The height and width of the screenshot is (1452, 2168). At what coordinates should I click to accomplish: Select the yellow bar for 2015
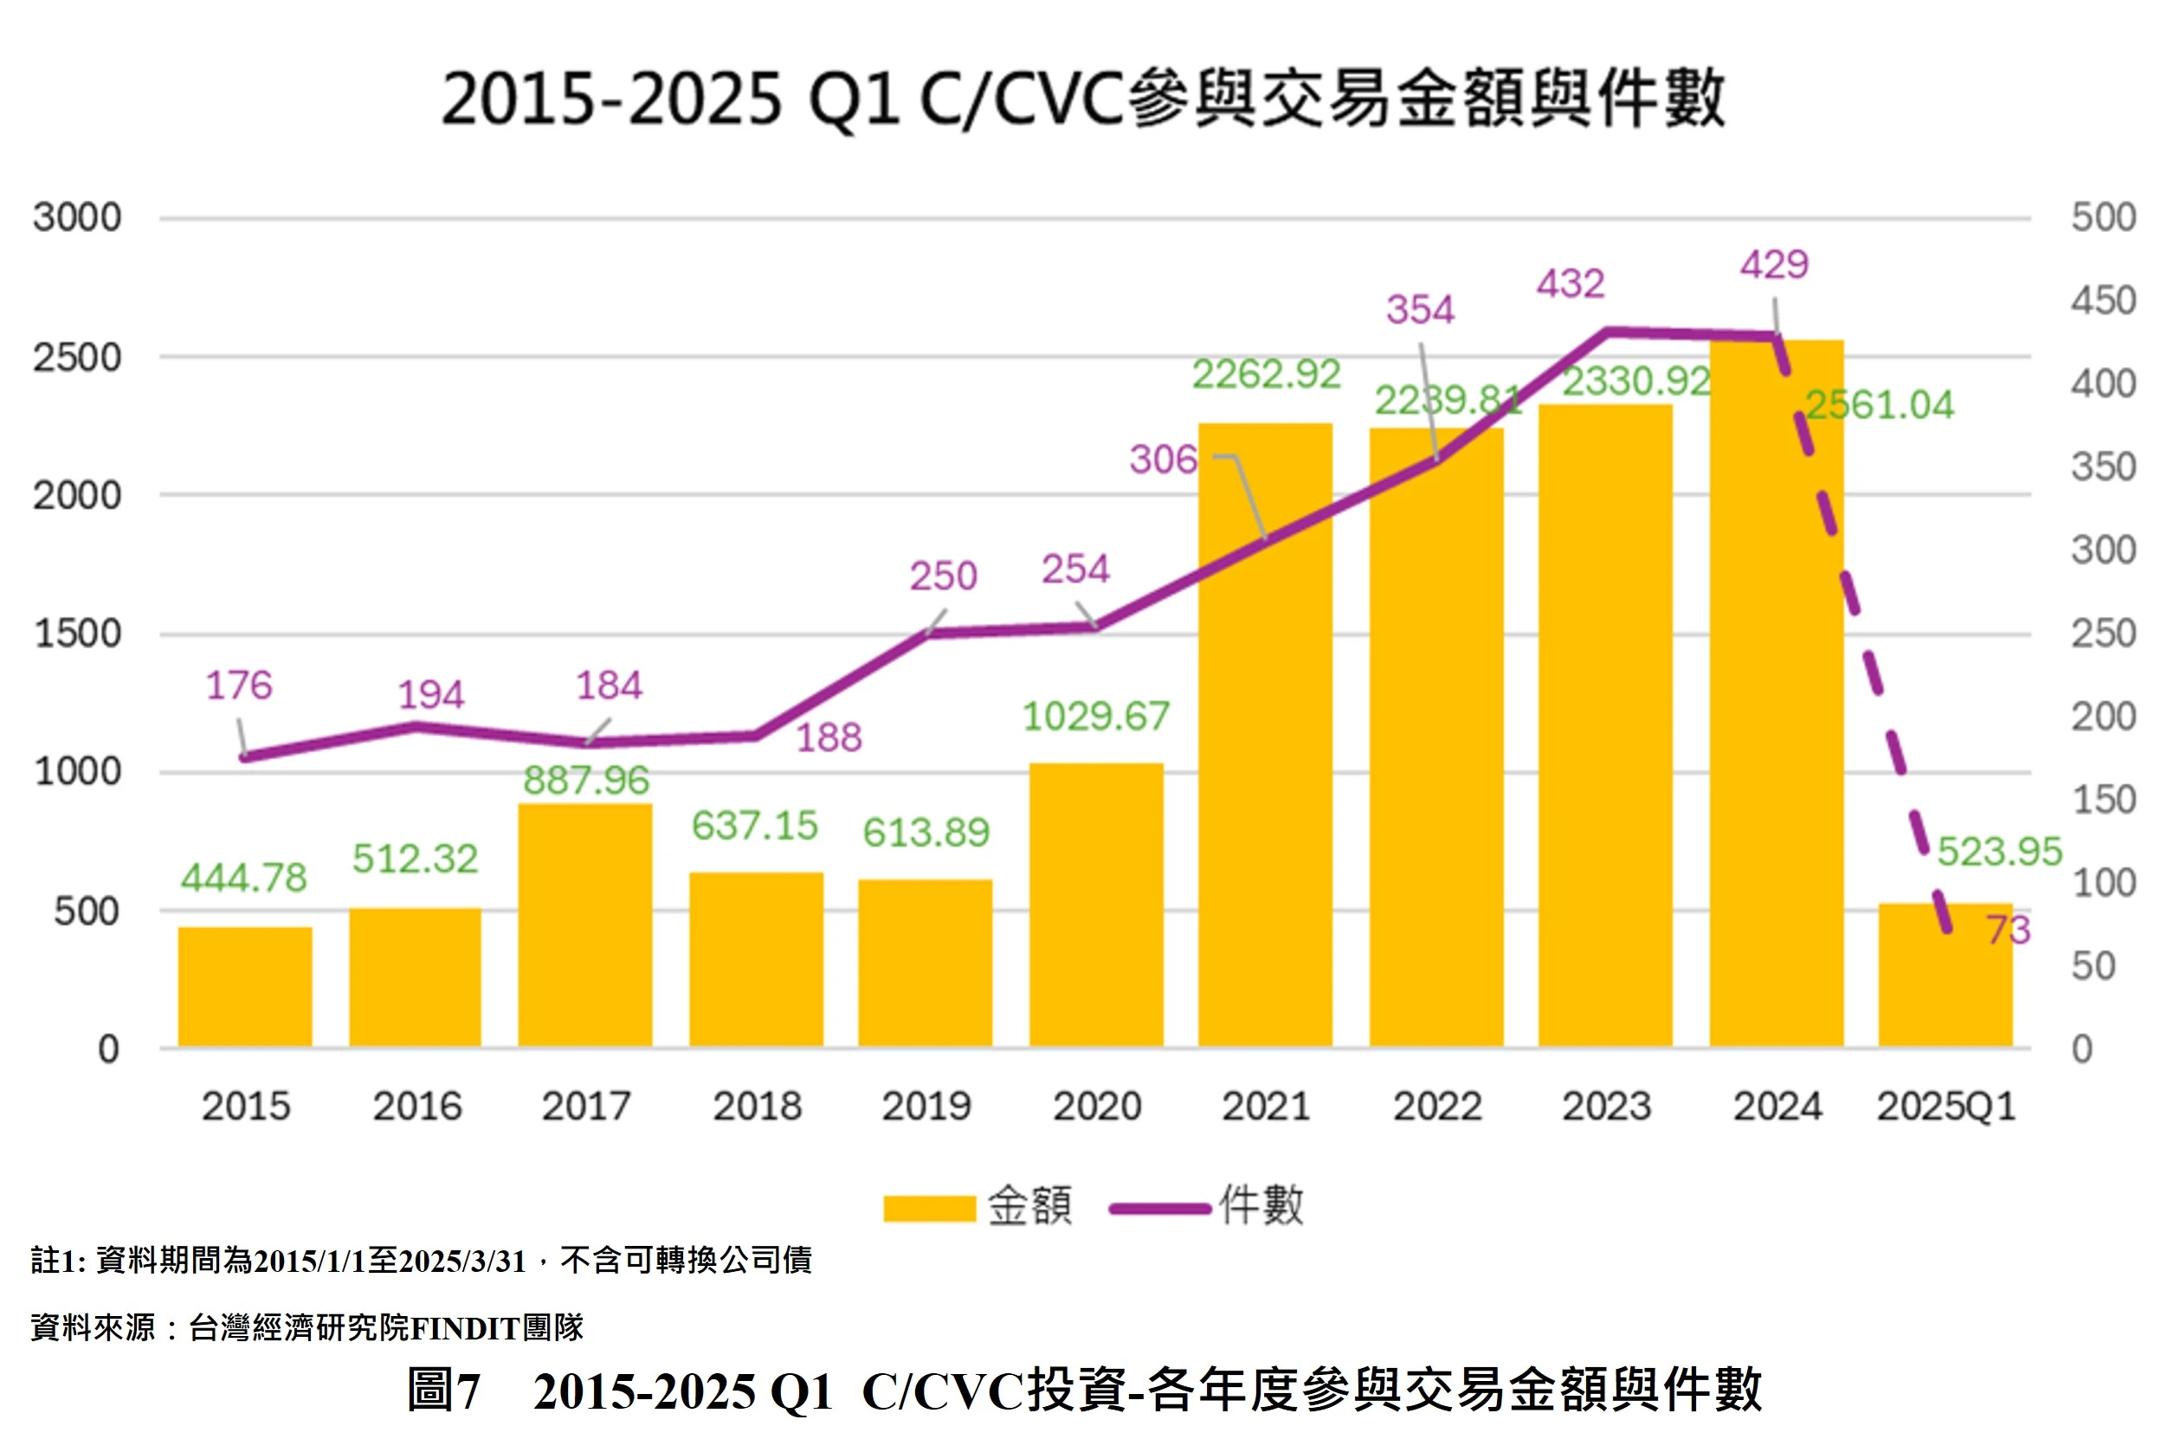244,987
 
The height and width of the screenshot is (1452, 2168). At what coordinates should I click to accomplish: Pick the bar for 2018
756,959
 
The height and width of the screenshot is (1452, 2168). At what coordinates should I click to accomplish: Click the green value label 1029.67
1095,717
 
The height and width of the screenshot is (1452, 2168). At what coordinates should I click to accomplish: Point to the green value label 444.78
243,878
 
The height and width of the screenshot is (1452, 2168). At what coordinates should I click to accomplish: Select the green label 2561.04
1879,404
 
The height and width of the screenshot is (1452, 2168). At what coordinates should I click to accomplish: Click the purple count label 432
1571,283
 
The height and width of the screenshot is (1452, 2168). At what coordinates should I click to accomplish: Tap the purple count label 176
239,685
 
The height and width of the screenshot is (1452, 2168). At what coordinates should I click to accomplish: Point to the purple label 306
1162,459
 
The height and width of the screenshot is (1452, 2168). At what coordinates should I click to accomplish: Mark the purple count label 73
2008,930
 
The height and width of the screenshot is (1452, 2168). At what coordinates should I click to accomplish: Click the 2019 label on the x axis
926,1107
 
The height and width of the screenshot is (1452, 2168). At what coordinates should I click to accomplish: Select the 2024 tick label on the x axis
1778,1107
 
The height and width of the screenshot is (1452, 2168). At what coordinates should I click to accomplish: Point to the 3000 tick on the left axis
77,217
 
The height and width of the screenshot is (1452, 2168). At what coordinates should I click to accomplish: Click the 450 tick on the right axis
2103,301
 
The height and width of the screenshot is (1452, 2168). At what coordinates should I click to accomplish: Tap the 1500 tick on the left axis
77,635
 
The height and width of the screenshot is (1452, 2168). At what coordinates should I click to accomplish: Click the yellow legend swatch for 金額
929,1209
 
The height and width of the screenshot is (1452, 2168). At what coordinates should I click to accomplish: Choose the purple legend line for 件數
1159,1209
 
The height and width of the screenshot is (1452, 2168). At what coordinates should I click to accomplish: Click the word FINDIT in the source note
464,1329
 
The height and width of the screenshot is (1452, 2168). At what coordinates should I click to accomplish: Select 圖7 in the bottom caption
443,1391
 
